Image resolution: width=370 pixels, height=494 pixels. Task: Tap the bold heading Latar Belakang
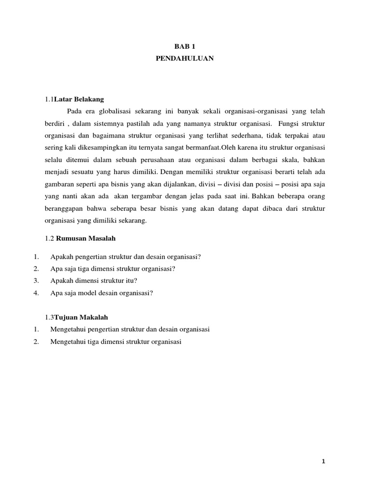[x=79, y=99]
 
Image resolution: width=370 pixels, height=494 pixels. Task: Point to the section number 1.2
[x=50, y=238]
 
